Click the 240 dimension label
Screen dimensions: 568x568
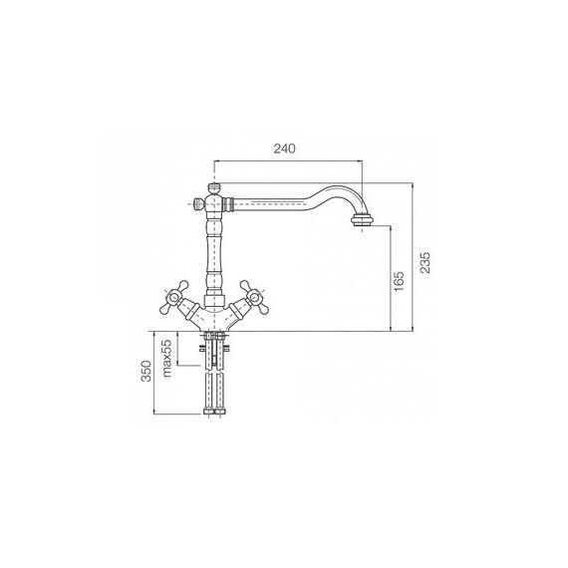coord(284,148)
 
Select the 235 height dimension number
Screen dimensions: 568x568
coord(426,262)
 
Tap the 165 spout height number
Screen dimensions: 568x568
coord(399,281)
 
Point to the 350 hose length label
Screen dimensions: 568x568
coord(146,371)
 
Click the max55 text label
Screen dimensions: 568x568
coord(166,359)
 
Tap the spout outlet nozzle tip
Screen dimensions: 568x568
coord(362,220)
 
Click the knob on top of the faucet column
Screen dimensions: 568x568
coord(214,189)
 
